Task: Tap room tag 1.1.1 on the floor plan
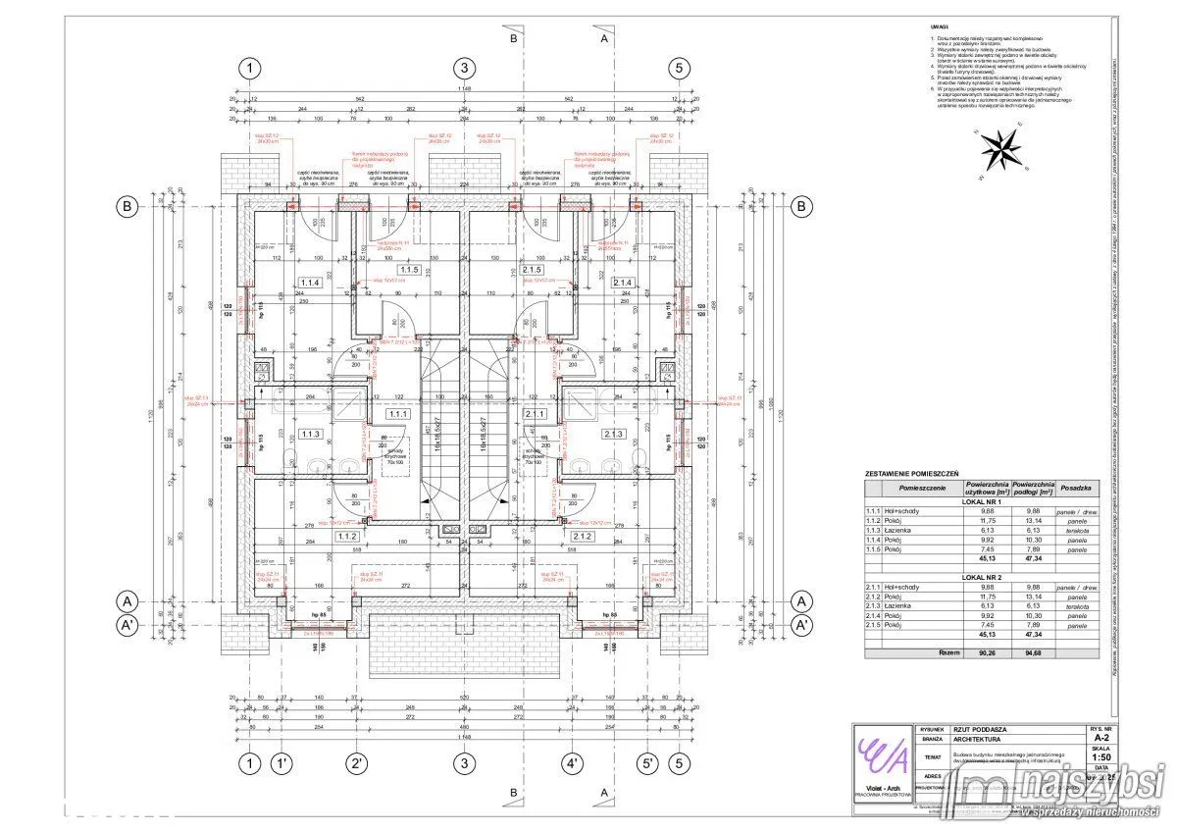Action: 398,414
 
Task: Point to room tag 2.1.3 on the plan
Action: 614,434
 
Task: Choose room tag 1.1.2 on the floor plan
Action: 345,537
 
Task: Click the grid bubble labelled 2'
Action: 356,763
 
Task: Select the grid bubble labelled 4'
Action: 573,763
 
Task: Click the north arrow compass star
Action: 999,152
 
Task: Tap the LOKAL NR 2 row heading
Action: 982,579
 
